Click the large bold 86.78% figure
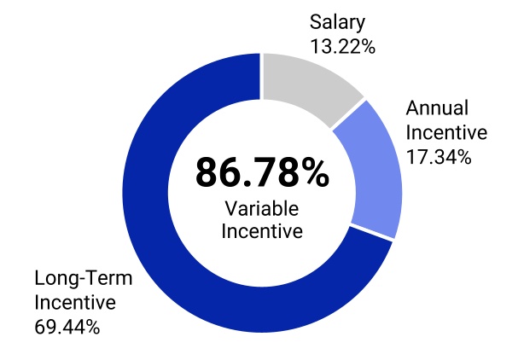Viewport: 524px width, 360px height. click(262, 173)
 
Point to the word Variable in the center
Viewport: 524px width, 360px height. click(262, 207)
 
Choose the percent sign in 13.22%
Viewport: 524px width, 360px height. click(367, 46)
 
